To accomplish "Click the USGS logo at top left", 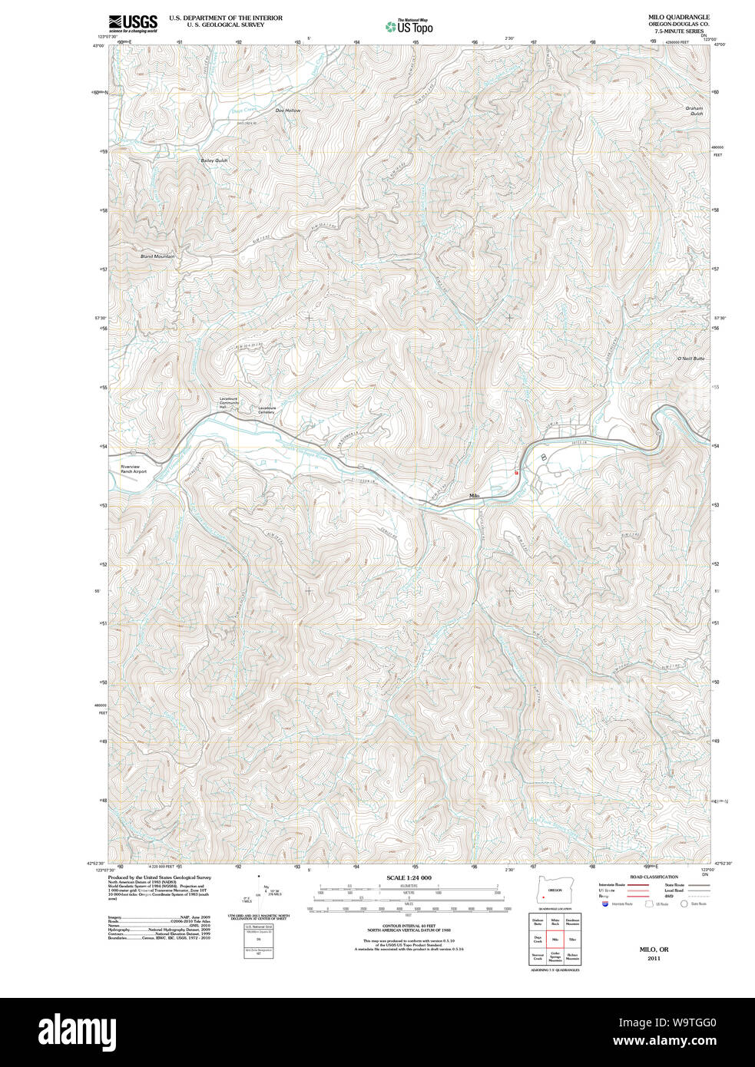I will (x=132, y=23).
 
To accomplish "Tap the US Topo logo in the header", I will (x=409, y=26).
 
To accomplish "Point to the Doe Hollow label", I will (x=288, y=111).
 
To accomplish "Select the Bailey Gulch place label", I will (x=214, y=160).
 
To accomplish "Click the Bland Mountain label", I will (x=157, y=256).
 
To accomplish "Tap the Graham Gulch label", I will (x=694, y=111).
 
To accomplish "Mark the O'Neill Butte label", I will (x=690, y=358).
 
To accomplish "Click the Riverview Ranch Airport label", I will (x=133, y=469).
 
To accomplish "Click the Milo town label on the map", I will (x=474, y=497).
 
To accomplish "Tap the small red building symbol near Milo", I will (x=517, y=473).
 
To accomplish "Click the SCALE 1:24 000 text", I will (x=409, y=877).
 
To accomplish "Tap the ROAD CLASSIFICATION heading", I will (x=654, y=877).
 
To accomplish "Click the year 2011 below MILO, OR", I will (x=654, y=959).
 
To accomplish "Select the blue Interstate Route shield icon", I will (x=605, y=905).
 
